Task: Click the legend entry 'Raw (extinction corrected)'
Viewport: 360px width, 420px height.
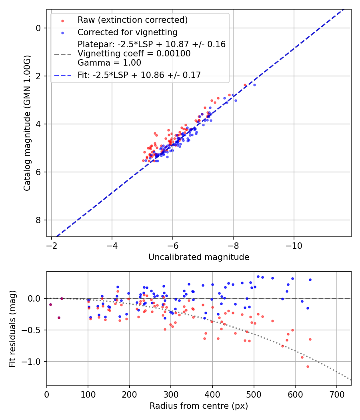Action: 132,20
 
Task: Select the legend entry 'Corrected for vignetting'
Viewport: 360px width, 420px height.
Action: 127,32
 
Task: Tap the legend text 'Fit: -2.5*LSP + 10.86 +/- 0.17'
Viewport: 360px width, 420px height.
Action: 139,75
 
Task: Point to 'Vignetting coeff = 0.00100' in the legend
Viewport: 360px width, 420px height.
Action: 134,53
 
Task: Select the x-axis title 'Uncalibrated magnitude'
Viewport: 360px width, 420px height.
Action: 199,257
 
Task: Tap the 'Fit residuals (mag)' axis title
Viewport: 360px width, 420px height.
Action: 12,328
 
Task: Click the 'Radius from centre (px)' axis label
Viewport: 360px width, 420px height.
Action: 199,406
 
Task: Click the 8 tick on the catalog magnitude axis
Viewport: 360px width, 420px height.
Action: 38,220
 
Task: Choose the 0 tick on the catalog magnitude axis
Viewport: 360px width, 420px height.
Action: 38,28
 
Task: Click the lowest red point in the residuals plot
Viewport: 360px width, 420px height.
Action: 308,366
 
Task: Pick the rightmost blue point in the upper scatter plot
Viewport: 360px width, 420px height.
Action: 254,85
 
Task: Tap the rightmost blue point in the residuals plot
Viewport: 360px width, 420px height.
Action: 310,280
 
